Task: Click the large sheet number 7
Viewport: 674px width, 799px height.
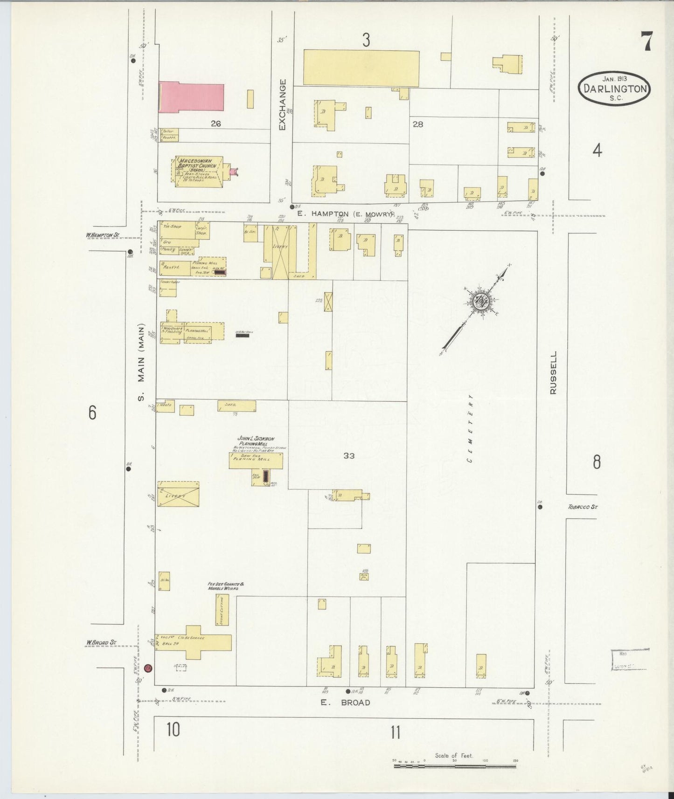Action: (646, 41)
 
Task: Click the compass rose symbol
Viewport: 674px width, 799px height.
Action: (479, 302)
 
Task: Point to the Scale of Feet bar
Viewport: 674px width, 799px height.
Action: (454, 765)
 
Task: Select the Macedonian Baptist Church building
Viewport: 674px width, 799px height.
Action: (199, 171)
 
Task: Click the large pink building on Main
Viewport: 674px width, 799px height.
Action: (191, 98)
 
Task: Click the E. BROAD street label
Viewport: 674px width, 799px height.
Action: (346, 703)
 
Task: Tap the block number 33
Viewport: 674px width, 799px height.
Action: (348, 455)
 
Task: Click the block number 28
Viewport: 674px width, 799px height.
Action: (417, 124)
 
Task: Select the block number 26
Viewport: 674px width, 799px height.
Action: (215, 124)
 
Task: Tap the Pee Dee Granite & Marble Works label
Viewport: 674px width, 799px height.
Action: (223, 586)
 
